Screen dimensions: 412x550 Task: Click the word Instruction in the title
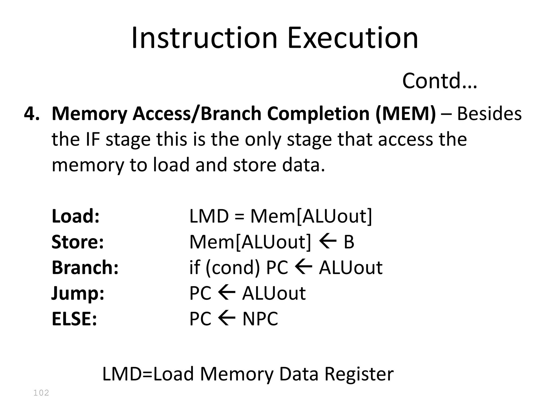204,38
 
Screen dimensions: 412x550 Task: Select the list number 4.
32,113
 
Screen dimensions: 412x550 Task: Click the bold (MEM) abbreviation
406,113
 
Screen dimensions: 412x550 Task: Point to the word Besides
489,113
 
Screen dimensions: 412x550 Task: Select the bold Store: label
78,242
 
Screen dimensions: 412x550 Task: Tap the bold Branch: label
85,267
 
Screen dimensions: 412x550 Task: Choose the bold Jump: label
78,293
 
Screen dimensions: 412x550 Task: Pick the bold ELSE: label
74,319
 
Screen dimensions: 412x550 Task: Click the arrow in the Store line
328,241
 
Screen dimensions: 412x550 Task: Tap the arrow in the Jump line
227,293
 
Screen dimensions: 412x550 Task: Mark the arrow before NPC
227,318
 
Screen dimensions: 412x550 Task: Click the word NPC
260,319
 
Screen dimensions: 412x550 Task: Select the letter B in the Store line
349,242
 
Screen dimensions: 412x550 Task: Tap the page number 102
41,393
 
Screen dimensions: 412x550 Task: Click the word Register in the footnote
359,374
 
